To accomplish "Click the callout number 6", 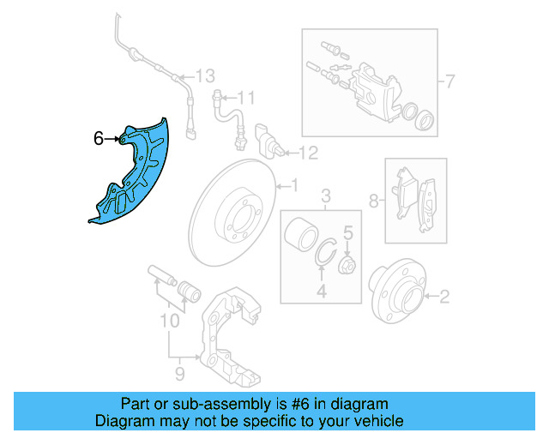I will (98, 137).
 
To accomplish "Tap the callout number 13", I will (203, 76).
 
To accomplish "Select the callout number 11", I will (247, 96).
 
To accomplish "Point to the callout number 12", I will (308, 153).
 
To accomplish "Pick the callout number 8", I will (374, 201).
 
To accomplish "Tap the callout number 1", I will (293, 184).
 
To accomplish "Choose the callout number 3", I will (326, 199).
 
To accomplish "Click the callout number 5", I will (348, 232).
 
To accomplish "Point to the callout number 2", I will (443, 298).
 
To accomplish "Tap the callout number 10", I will (169, 322).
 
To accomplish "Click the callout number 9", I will (179, 374).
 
